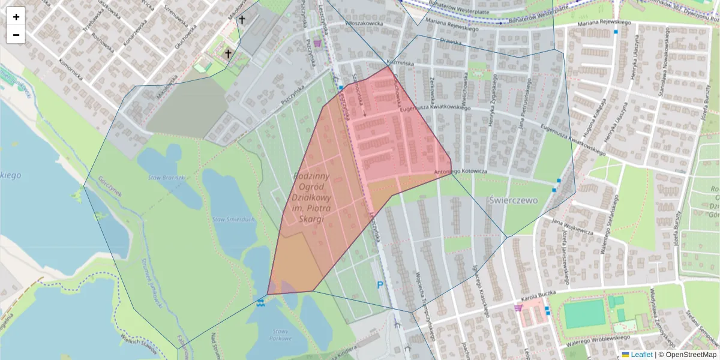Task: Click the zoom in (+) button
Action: (x=16, y=17)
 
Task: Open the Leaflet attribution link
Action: (x=641, y=355)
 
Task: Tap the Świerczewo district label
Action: (x=513, y=200)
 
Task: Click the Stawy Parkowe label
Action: (x=281, y=334)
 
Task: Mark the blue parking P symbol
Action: (x=380, y=286)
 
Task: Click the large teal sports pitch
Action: (x=584, y=314)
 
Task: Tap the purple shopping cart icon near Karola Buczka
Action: (x=518, y=308)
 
